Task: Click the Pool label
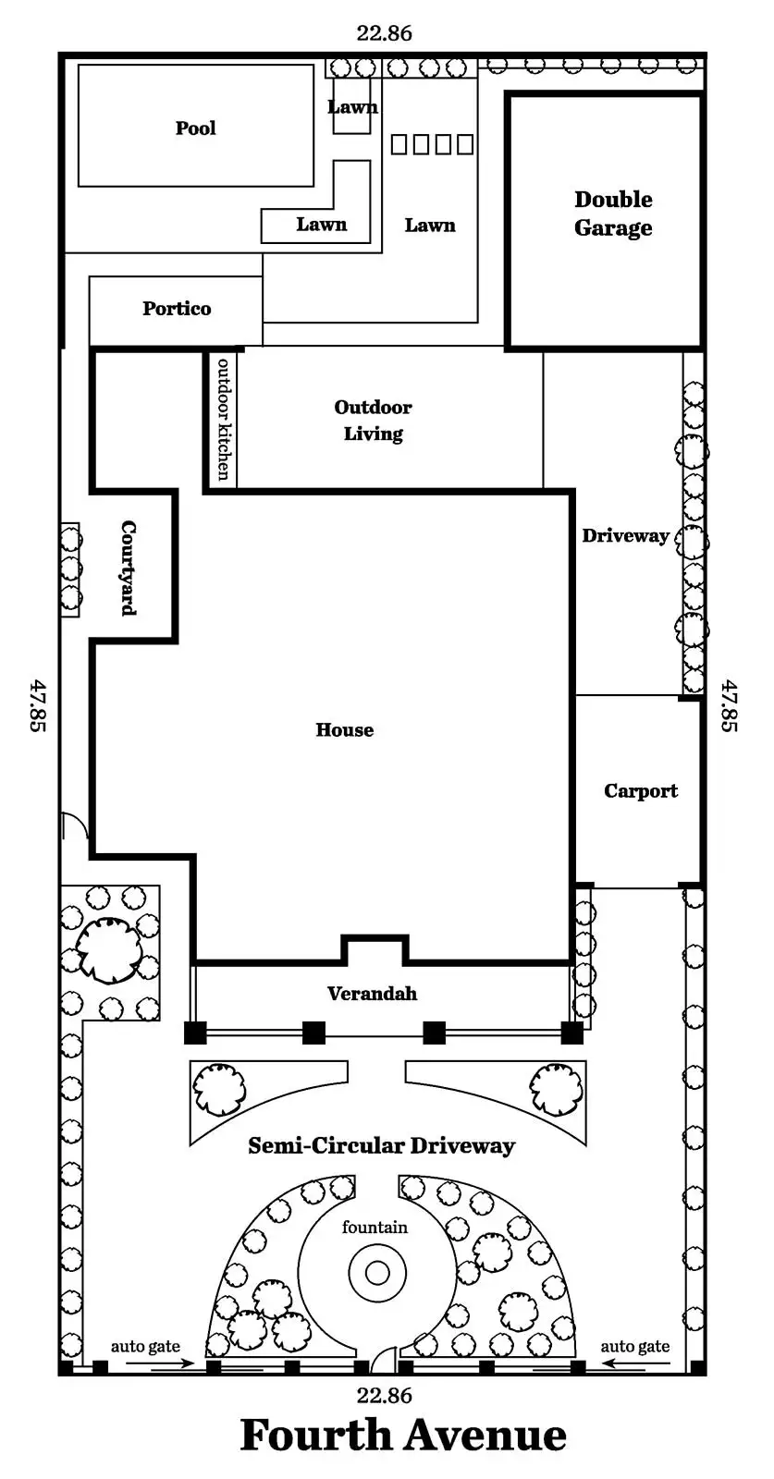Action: coord(196,128)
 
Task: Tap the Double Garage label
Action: coord(613,214)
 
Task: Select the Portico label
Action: coord(177,309)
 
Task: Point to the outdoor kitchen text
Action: coord(223,418)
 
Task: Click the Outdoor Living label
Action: coord(373,421)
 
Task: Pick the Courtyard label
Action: coord(129,568)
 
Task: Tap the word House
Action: coord(345,730)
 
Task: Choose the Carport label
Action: coord(640,791)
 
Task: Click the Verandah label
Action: coord(372,994)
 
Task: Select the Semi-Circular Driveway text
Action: coord(381,1146)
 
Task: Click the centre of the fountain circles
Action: coord(377,1273)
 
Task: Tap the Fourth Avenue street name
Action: coord(403,1436)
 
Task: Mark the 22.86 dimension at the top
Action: coord(384,33)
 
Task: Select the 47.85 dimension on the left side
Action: coord(37,705)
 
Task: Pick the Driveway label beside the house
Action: coord(625,536)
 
